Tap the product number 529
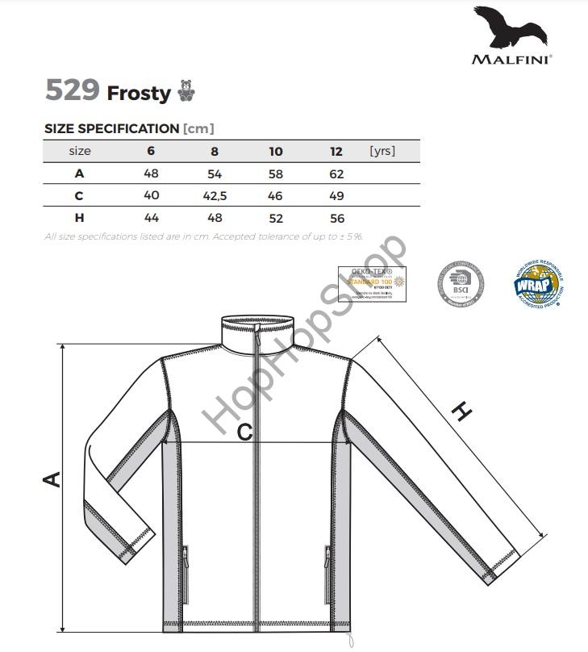tap(73, 90)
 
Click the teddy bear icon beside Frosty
tap(186, 91)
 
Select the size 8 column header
tap(215, 151)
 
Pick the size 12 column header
tap(336, 151)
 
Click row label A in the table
tap(79, 173)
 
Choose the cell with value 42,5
tap(215, 195)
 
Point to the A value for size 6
tap(151, 173)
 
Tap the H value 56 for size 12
tap(336, 218)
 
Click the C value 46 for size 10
tap(276, 195)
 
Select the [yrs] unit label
tap(382, 151)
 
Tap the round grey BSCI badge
tap(460, 284)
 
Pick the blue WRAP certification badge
tap(536, 284)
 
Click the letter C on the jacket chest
tap(244, 433)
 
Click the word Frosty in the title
tap(139, 93)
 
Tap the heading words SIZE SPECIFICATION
tap(111, 128)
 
